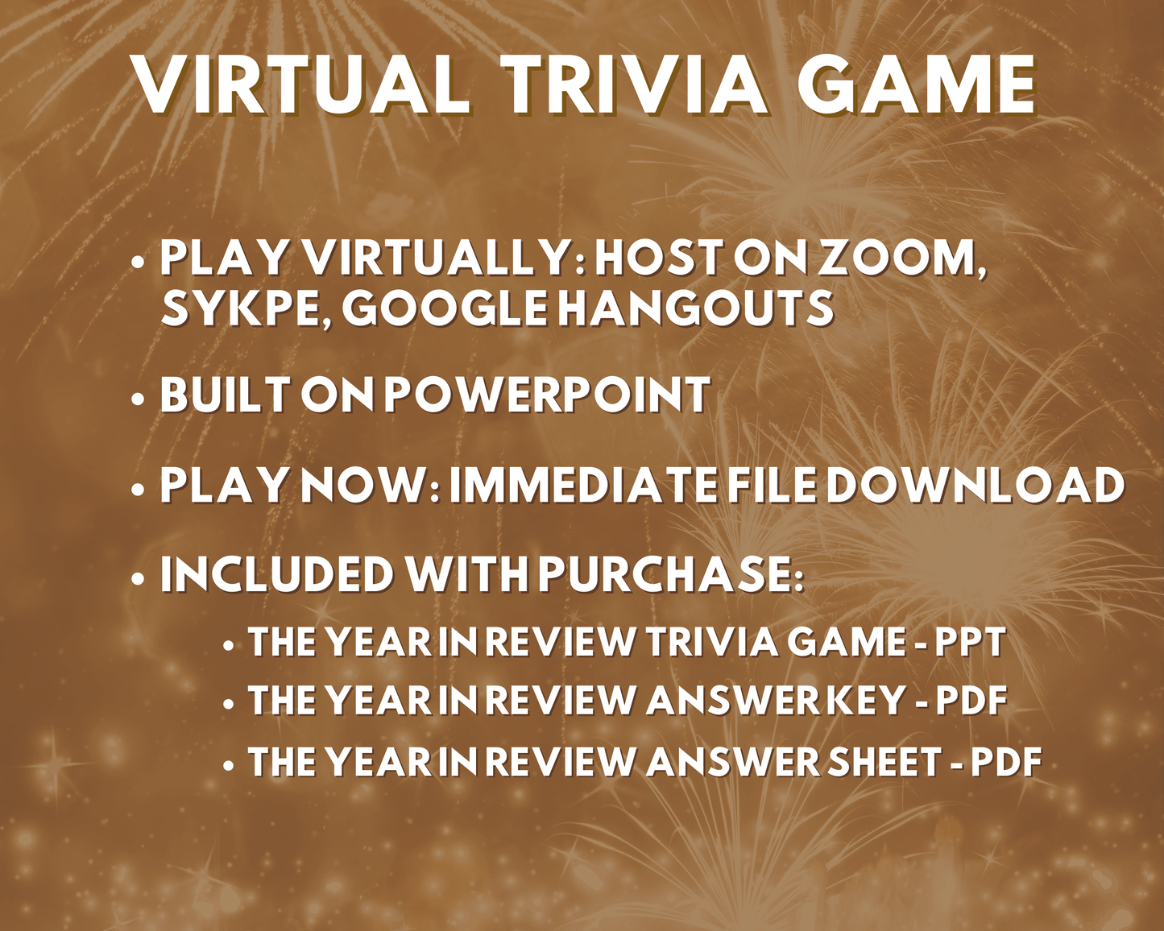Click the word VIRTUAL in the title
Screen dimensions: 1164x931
[x=302, y=85]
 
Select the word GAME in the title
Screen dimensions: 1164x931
[x=918, y=85]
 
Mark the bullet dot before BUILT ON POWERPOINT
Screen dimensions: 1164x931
[x=139, y=399]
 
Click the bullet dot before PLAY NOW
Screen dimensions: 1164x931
[x=139, y=490]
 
